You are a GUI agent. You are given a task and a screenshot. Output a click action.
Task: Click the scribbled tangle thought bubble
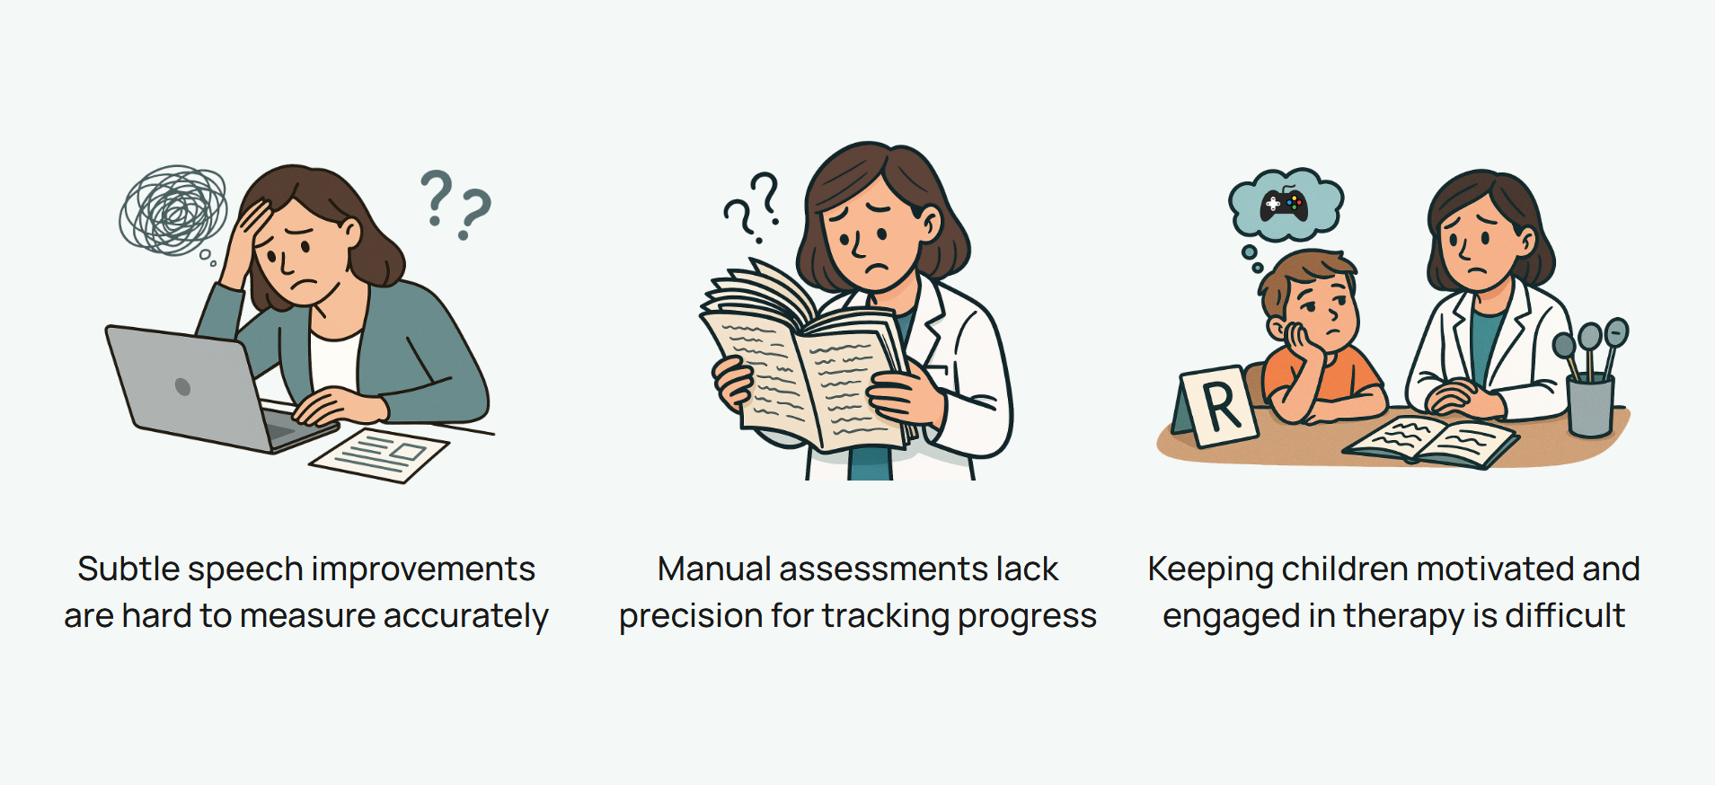click(173, 210)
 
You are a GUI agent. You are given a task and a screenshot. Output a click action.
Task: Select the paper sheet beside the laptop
click(378, 454)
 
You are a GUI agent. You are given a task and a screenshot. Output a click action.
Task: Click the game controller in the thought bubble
click(1284, 206)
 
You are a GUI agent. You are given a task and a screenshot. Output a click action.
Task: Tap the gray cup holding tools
click(1590, 405)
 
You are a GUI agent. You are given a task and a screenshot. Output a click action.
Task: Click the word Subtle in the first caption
click(128, 569)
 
